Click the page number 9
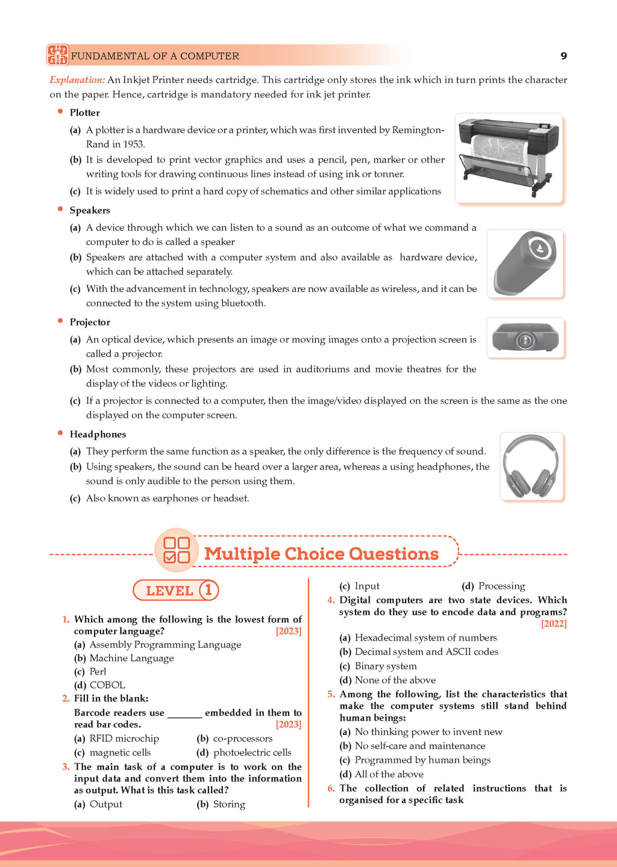click(x=563, y=56)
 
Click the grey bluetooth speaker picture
click(x=525, y=264)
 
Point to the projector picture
click(x=525, y=338)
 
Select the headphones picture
click(x=531, y=466)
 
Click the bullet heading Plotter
click(x=84, y=113)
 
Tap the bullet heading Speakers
click(x=90, y=210)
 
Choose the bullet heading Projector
click(x=90, y=322)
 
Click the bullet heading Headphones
click(x=98, y=434)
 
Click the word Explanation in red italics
click(x=77, y=80)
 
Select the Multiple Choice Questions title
click(x=321, y=553)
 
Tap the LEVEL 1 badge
click(x=175, y=590)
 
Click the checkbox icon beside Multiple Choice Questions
click(x=177, y=550)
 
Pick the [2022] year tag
click(x=554, y=624)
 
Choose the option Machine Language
click(x=131, y=658)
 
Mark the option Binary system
click(x=386, y=666)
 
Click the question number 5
click(x=331, y=694)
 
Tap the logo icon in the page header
click(x=58, y=55)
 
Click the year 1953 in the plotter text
click(x=134, y=144)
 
